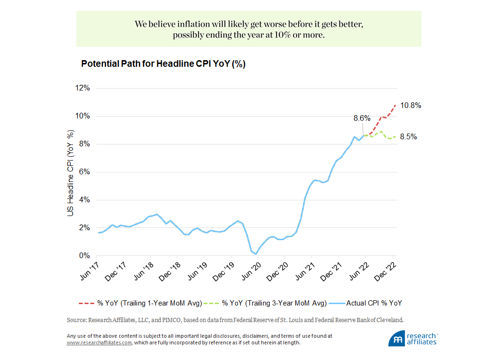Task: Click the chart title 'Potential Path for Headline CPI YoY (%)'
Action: (x=163, y=64)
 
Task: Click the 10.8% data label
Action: (x=411, y=106)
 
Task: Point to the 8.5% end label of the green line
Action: (x=408, y=137)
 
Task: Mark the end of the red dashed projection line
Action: (x=395, y=105)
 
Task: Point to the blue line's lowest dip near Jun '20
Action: (x=256, y=254)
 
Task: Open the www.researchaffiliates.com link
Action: (x=100, y=342)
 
